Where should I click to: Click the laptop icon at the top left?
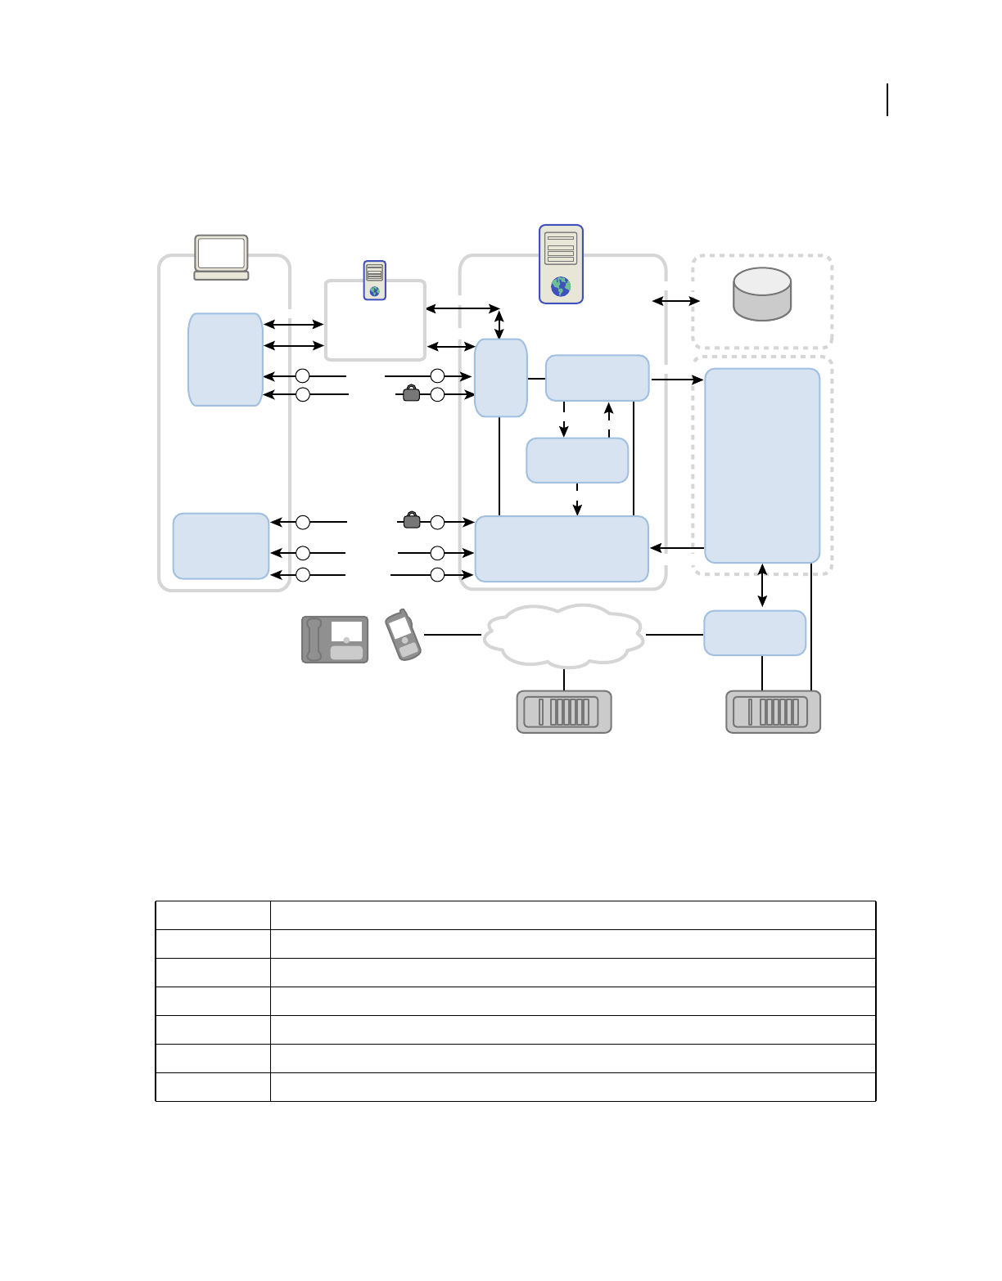[221, 257]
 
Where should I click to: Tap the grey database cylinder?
[762, 294]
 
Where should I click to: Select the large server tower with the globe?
[561, 263]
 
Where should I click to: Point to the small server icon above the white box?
[374, 280]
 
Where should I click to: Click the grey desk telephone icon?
[335, 639]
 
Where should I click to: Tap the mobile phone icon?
[403, 635]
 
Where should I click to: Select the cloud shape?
[563, 635]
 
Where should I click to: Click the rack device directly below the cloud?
[564, 712]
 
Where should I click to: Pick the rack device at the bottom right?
[773, 712]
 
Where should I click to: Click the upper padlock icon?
[412, 393]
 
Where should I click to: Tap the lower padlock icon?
[412, 519]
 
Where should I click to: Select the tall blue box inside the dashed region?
[762, 465]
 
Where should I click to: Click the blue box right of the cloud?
[755, 632]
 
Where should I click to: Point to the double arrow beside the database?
[676, 301]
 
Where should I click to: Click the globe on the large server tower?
[561, 286]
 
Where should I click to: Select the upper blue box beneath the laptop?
[225, 359]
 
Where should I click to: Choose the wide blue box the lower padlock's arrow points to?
[562, 548]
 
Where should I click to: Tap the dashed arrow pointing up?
[608, 420]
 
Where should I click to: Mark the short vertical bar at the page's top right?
[888, 99]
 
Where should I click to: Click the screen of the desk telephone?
[346, 631]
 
